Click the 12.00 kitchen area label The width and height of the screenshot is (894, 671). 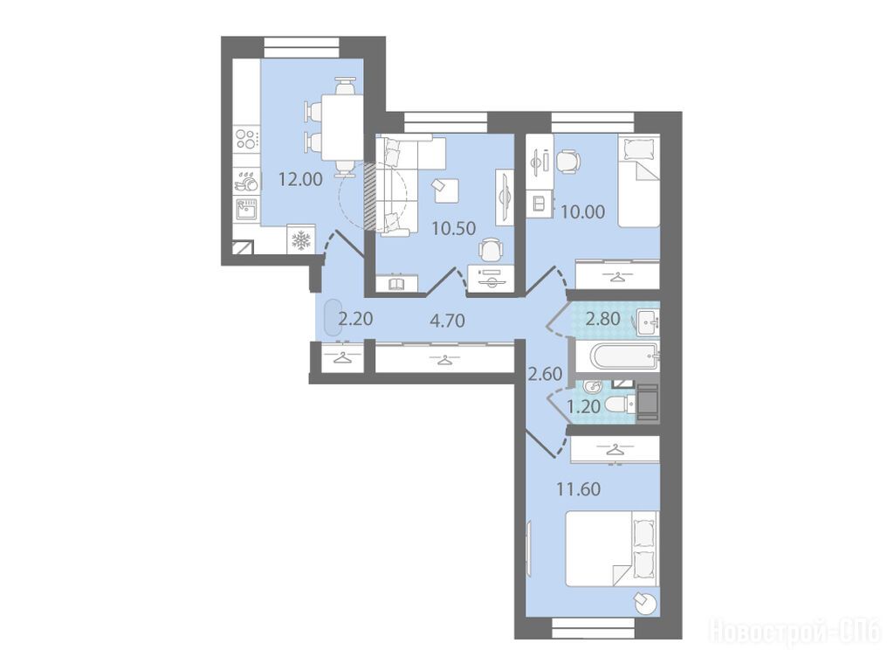click(x=300, y=180)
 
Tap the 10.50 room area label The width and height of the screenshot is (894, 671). click(x=454, y=229)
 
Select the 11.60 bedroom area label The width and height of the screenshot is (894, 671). click(x=579, y=489)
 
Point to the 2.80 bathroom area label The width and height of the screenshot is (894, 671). click(x=602, y=318)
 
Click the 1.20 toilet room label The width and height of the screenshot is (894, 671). click(x=583, y=407)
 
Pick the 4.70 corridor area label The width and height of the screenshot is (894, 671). click(x=448, y=320)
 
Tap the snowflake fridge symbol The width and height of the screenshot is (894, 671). click(x=301, y=240)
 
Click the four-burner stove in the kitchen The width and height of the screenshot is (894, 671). click(x=247, y=138)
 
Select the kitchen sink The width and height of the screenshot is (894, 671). click(x=247, y=210)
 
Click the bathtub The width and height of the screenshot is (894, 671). click(x=624, y=357)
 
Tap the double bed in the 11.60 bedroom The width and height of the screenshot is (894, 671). click(x=612, y=548)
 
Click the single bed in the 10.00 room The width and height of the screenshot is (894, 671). click(x=639, y=181)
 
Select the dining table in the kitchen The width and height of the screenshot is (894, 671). click(x=342, y=128)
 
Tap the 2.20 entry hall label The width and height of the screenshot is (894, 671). click(x=356, y=318)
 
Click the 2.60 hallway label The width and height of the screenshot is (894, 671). click(x=545, y=374)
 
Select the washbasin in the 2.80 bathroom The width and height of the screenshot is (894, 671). click(x=649, y=322)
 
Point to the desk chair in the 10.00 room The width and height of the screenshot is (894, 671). click(x=567, y=161)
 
